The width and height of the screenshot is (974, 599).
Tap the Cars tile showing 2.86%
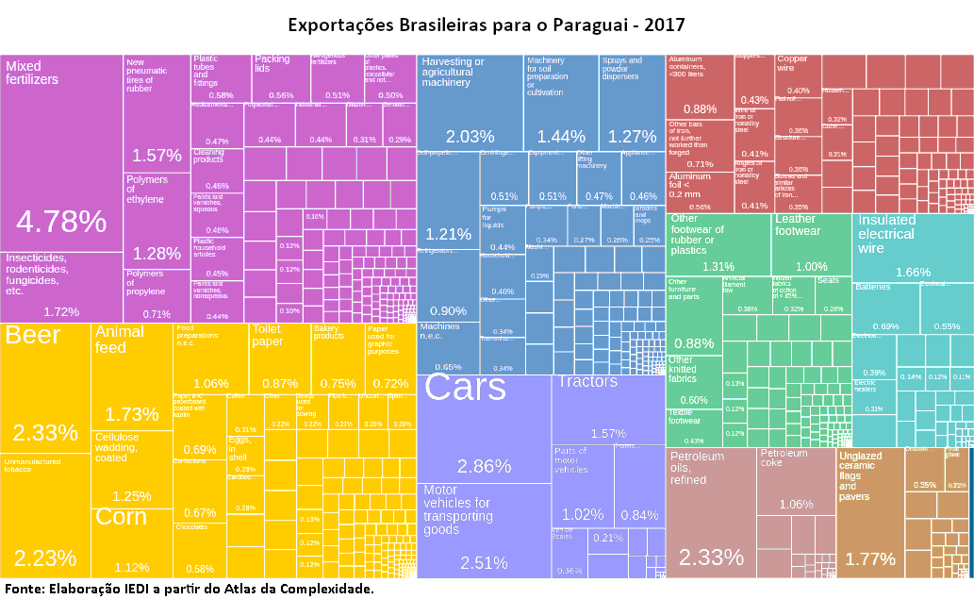[x=484, y=429]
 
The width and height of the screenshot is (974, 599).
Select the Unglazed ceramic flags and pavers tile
[x=869, y=514]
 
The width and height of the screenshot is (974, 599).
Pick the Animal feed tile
[x=132, y=377]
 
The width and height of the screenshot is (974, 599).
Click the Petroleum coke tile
[x=796, y=481]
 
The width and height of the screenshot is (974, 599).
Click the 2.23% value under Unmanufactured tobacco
[x=45, y=557]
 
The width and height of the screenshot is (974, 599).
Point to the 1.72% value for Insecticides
[x=61, y=311]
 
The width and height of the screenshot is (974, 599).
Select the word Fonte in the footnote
[x=24, y=589]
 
